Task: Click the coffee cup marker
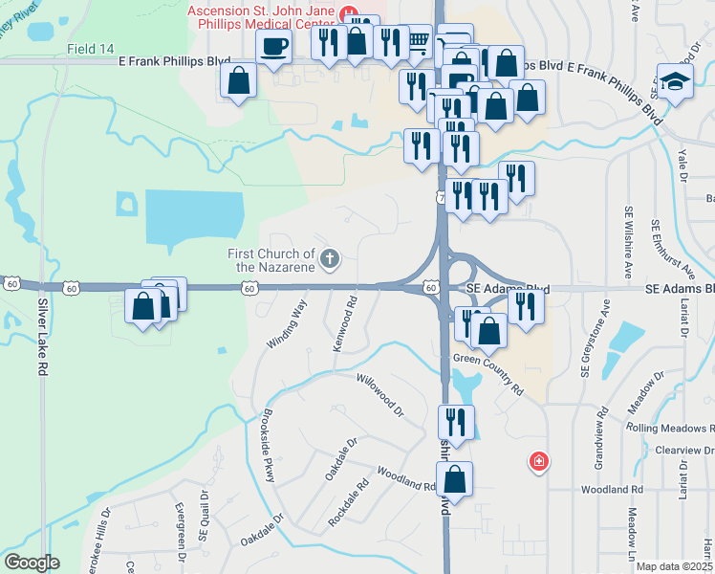coord(274,46)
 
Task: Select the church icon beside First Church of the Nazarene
coord(330,257)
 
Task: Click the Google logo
coord(31,563)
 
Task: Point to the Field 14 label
coord(91,49)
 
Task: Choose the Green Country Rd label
coord(488,374)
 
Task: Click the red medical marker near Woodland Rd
coord(539,462)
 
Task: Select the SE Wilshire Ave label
coord(629,240)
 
